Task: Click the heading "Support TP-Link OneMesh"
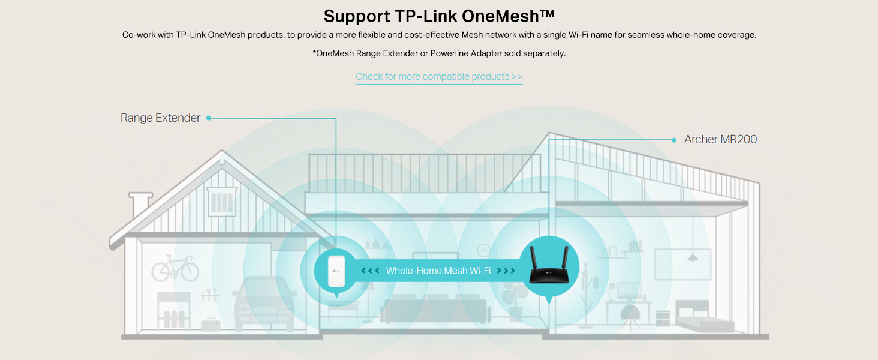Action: tap(439, 16)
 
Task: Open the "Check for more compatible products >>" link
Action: tap(439, 77)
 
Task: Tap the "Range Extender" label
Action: tap(160, 118)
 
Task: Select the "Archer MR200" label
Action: tap(720, 140)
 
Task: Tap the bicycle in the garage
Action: tap(175, 268)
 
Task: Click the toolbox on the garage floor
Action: tap(212, 326)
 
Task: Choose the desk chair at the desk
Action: tap(630, 316)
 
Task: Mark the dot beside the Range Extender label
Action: tap(209, 118)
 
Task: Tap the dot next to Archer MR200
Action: tap(675, 140)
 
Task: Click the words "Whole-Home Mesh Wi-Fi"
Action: tap(438, 271)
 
